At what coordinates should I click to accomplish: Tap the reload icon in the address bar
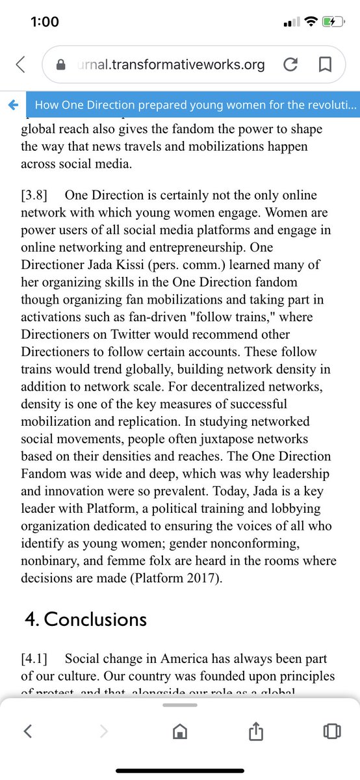pyautogui.click(x=291, y=64)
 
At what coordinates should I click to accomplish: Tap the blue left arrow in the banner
pyautogui.click(x=13, y=105)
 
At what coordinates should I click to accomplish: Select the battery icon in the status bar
pyautogui.click(x=332, y=21)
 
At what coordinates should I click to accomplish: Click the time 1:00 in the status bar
pyautogui.click(x=45, y=21)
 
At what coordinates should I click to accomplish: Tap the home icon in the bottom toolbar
pyautogui.click(x=179, y=731)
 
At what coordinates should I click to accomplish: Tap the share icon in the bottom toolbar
pyautogui.click(x=255, y=731)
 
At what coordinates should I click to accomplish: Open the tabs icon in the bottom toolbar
pyautogui.click(x=331, y=731)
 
